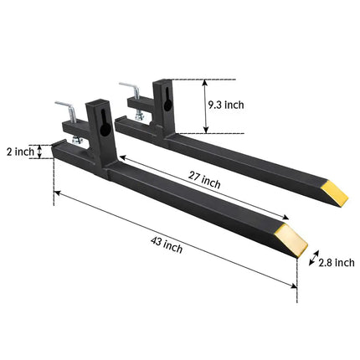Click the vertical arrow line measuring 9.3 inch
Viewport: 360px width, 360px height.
pos(206,106)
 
